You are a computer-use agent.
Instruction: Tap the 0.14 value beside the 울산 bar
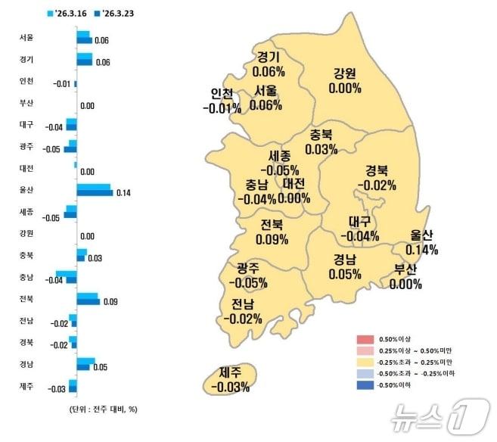(x=123, y=193)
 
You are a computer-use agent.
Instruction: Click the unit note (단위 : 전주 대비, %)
(x=98, y=409)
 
